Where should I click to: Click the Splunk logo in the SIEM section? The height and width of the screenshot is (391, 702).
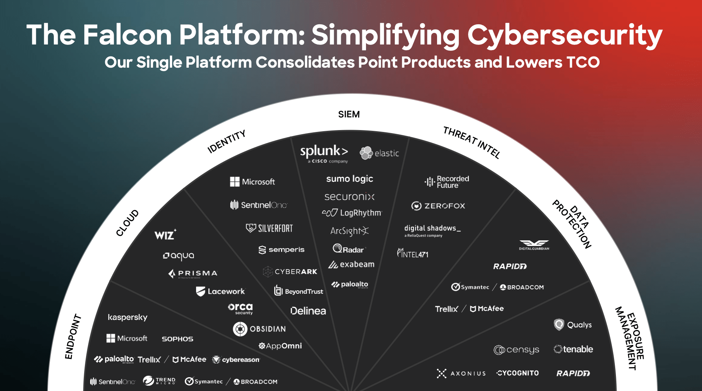coord(324,153)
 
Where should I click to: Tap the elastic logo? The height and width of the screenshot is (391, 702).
coord(379,153)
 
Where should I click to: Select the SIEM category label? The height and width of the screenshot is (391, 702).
coord(349,114)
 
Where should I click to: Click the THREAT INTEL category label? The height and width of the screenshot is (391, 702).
coord(471,142)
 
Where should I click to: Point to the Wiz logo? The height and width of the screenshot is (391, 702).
coord(165,235)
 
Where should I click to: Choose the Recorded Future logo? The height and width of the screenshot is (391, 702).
coord(447,182)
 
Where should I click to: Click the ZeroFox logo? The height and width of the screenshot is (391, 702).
coord(438,206)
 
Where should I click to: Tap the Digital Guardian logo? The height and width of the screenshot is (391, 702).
coord(534,245)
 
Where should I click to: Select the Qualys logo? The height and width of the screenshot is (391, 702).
coord(573,324)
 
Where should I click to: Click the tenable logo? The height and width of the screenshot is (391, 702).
coord(573,349)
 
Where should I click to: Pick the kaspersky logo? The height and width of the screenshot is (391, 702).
coord(128,317)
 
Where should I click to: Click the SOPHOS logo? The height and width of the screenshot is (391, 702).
coord(177,339)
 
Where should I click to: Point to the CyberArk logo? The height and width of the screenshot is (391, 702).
coord(290,272)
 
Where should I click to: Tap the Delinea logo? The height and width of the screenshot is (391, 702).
coord(308,311)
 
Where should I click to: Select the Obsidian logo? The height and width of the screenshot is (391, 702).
coord(259,329)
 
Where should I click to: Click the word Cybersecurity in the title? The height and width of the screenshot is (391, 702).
coord(564,35)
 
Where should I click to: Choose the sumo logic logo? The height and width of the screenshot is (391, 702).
coord(350,179)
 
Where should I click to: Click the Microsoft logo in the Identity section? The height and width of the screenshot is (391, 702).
coord(252,182)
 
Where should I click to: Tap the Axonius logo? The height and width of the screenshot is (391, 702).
coord(461,373)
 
